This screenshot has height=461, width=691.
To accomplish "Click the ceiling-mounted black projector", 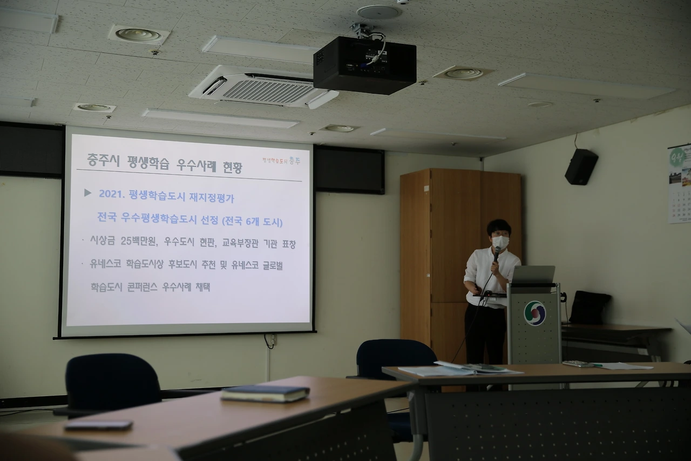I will [364, 65].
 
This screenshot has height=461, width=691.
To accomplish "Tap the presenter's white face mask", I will [500, 242].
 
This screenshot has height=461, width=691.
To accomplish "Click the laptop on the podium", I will [532, 275].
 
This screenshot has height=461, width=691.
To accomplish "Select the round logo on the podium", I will [534, 313].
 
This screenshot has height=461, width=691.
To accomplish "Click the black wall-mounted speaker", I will [581, 166].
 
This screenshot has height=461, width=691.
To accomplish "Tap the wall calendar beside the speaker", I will [680, 184].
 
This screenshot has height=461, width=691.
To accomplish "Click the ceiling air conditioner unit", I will [263, 88].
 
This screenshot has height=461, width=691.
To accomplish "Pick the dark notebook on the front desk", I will [265, 393].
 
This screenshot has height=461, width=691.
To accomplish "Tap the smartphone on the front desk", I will [98, 425].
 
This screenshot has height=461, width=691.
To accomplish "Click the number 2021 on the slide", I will [112, 193].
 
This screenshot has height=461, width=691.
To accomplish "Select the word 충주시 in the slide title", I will [103, 160].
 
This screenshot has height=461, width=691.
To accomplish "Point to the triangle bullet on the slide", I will [87, 193].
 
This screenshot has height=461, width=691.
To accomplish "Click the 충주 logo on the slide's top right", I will [294, 161].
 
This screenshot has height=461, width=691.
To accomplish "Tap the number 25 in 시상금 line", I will [127, 242].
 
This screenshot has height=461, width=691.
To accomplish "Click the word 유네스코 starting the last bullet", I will [106, 264].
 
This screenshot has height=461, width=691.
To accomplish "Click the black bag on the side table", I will [590, 308].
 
